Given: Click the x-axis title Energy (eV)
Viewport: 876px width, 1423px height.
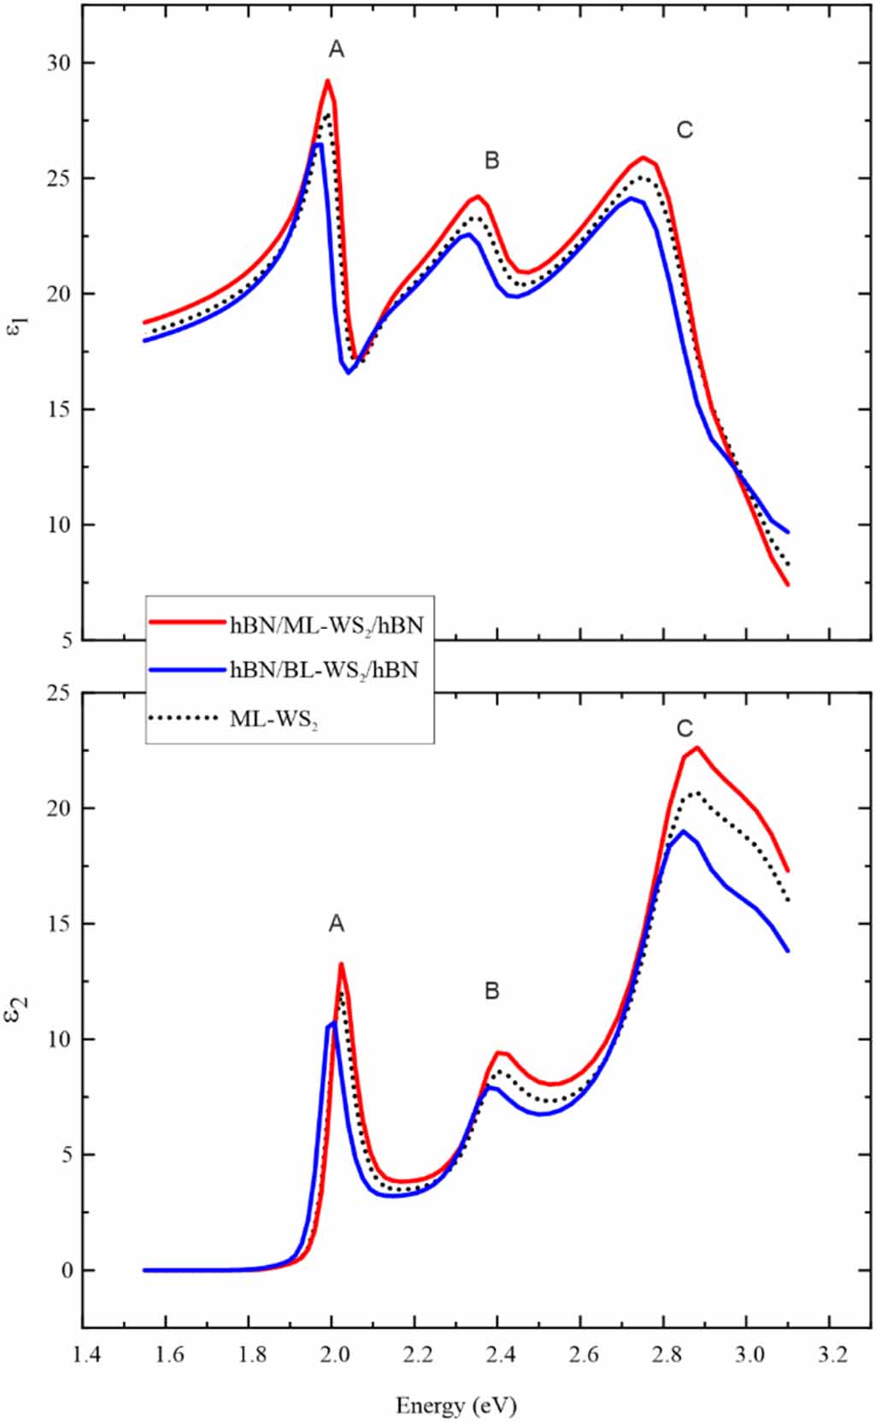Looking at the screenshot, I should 456,1405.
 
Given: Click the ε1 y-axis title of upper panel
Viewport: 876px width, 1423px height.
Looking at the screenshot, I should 18,326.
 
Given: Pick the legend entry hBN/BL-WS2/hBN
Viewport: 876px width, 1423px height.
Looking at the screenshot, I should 324,670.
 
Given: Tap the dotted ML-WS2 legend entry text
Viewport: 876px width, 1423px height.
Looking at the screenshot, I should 273,720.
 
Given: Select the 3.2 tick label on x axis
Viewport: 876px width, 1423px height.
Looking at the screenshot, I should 829,1355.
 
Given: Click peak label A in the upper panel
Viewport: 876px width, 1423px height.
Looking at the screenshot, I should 337,50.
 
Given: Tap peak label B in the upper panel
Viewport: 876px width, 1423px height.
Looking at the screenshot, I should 491,160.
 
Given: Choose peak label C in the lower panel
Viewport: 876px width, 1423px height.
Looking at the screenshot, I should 685,729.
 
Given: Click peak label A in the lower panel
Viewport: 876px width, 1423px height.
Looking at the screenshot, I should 337,924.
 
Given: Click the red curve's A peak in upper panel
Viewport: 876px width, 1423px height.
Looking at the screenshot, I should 327,81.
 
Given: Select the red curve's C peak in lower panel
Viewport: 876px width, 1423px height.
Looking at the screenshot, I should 697,748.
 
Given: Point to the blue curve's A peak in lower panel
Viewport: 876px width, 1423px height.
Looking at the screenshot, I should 333,1022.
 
